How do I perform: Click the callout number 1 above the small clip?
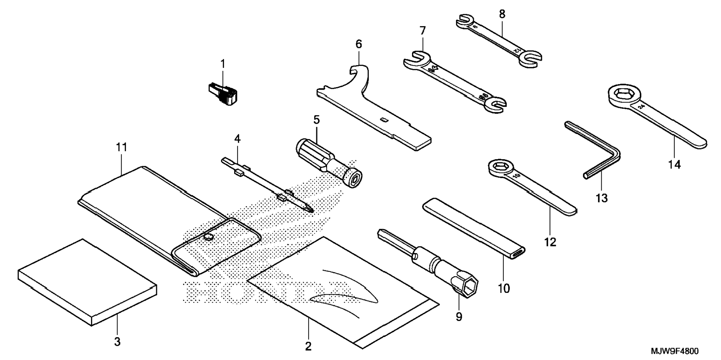pyautogui.click(x=223, y=64)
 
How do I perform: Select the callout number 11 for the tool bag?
pyautogui.click(x=122, y=148)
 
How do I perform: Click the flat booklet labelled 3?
pyautogui.click(x=86, y=282)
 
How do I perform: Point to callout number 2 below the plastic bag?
pyautogui.click(x=308, y=346)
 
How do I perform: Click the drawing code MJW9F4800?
pyautogui.click(x=675, y=351)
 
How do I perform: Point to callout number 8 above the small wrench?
pyautogui.click(x=502, y=14)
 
